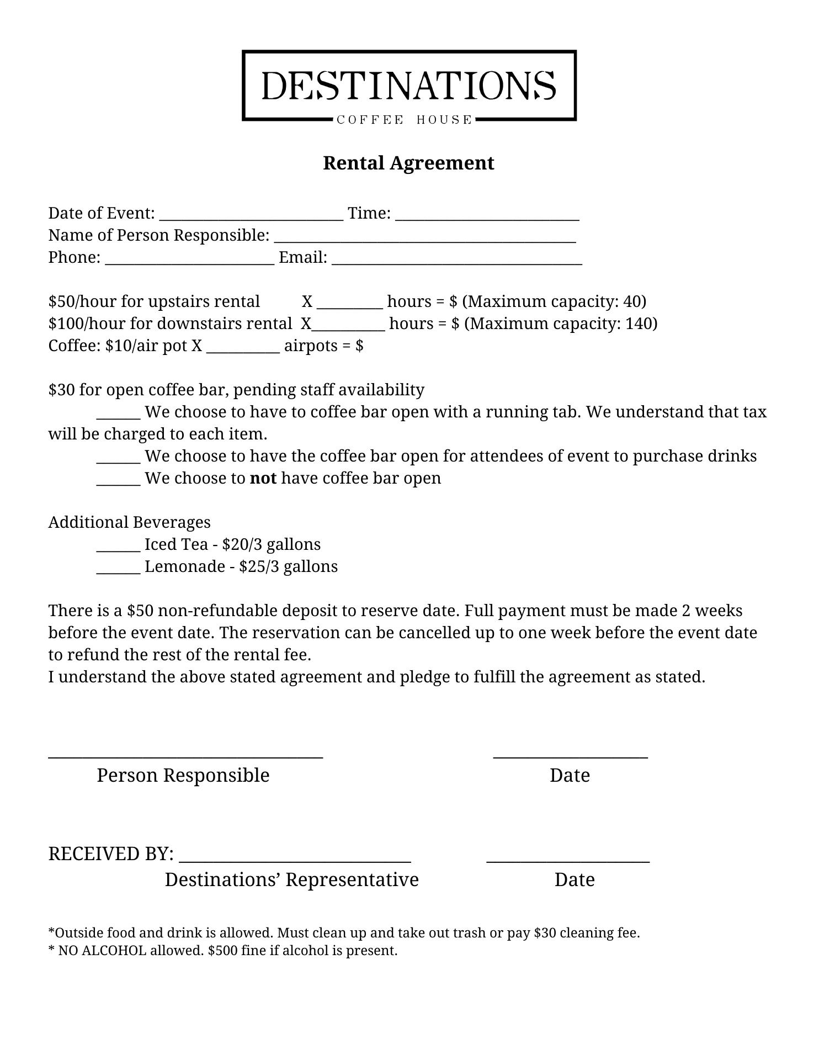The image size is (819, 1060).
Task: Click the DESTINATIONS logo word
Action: point(408,86)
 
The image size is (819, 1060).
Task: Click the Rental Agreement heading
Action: point(408,163)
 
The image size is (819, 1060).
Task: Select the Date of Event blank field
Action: point(251,215)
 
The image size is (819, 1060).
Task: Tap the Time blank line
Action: point(487,215)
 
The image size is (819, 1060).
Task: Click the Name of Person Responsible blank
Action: point(425,237)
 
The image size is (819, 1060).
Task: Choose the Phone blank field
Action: point(189,259)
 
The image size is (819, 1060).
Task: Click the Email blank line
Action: point(457,259)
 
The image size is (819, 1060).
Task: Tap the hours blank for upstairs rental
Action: point(350,304)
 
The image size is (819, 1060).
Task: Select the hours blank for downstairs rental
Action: point(348,326)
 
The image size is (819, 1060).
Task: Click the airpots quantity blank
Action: point(243,348)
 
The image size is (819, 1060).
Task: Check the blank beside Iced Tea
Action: point(119,547)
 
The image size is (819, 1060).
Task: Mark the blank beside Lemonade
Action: point(119,569)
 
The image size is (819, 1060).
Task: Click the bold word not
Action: point(263,478)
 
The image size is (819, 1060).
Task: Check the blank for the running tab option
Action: point(119,414)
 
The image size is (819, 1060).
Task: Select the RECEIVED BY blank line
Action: point(295,857)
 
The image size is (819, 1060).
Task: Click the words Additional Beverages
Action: point(129,522)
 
